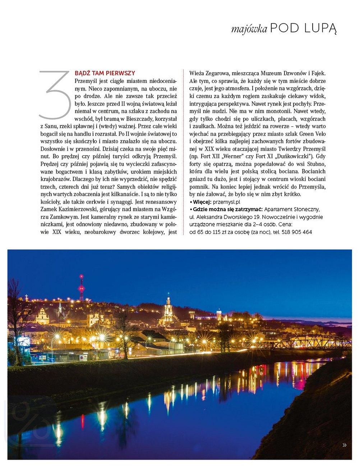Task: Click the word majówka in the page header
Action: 249,29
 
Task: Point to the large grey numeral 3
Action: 55,95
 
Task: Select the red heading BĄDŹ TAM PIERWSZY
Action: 105,73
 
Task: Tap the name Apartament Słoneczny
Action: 292,209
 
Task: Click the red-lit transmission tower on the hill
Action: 82,287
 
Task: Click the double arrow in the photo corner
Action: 345,445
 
